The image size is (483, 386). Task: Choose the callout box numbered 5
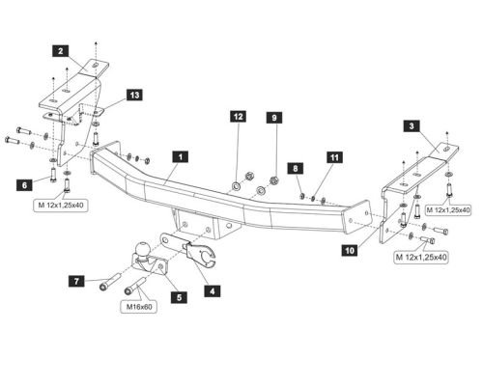[x=178, y=298]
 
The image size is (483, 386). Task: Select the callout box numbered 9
[x=274, y=118]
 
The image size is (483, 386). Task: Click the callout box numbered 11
[x=334, y=155]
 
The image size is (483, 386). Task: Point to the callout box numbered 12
[x=237, y=118]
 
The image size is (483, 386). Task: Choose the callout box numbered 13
[x=133, y=95]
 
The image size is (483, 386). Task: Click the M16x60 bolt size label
[x=136, y=308]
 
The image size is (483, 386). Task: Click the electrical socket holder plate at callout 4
[x=198, y=253]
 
